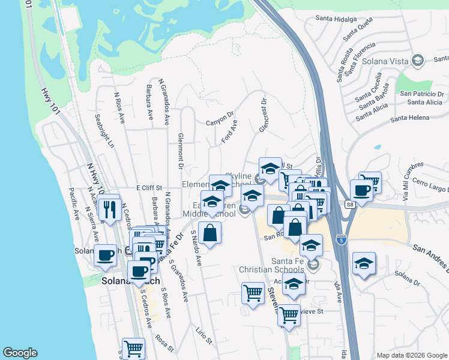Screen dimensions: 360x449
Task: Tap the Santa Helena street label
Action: click(x=410, y=118)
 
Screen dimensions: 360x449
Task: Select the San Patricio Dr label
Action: click(x=421, y=94)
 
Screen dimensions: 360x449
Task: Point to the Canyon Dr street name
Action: click(x=220, y=118)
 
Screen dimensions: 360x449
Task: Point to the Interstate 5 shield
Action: click(x=340, y=238)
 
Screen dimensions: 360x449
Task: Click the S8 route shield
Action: click(x=351, y=205)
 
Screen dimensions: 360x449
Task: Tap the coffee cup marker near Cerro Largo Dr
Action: click(x=361, y=190)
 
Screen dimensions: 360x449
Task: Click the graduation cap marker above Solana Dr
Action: click(x=364, y=263)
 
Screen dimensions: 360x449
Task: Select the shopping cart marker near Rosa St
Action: click(x=133, y=348)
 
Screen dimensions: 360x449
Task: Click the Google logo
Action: click(x=20, y=353)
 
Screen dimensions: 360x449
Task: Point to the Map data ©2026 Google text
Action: click(x=411, y=355)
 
